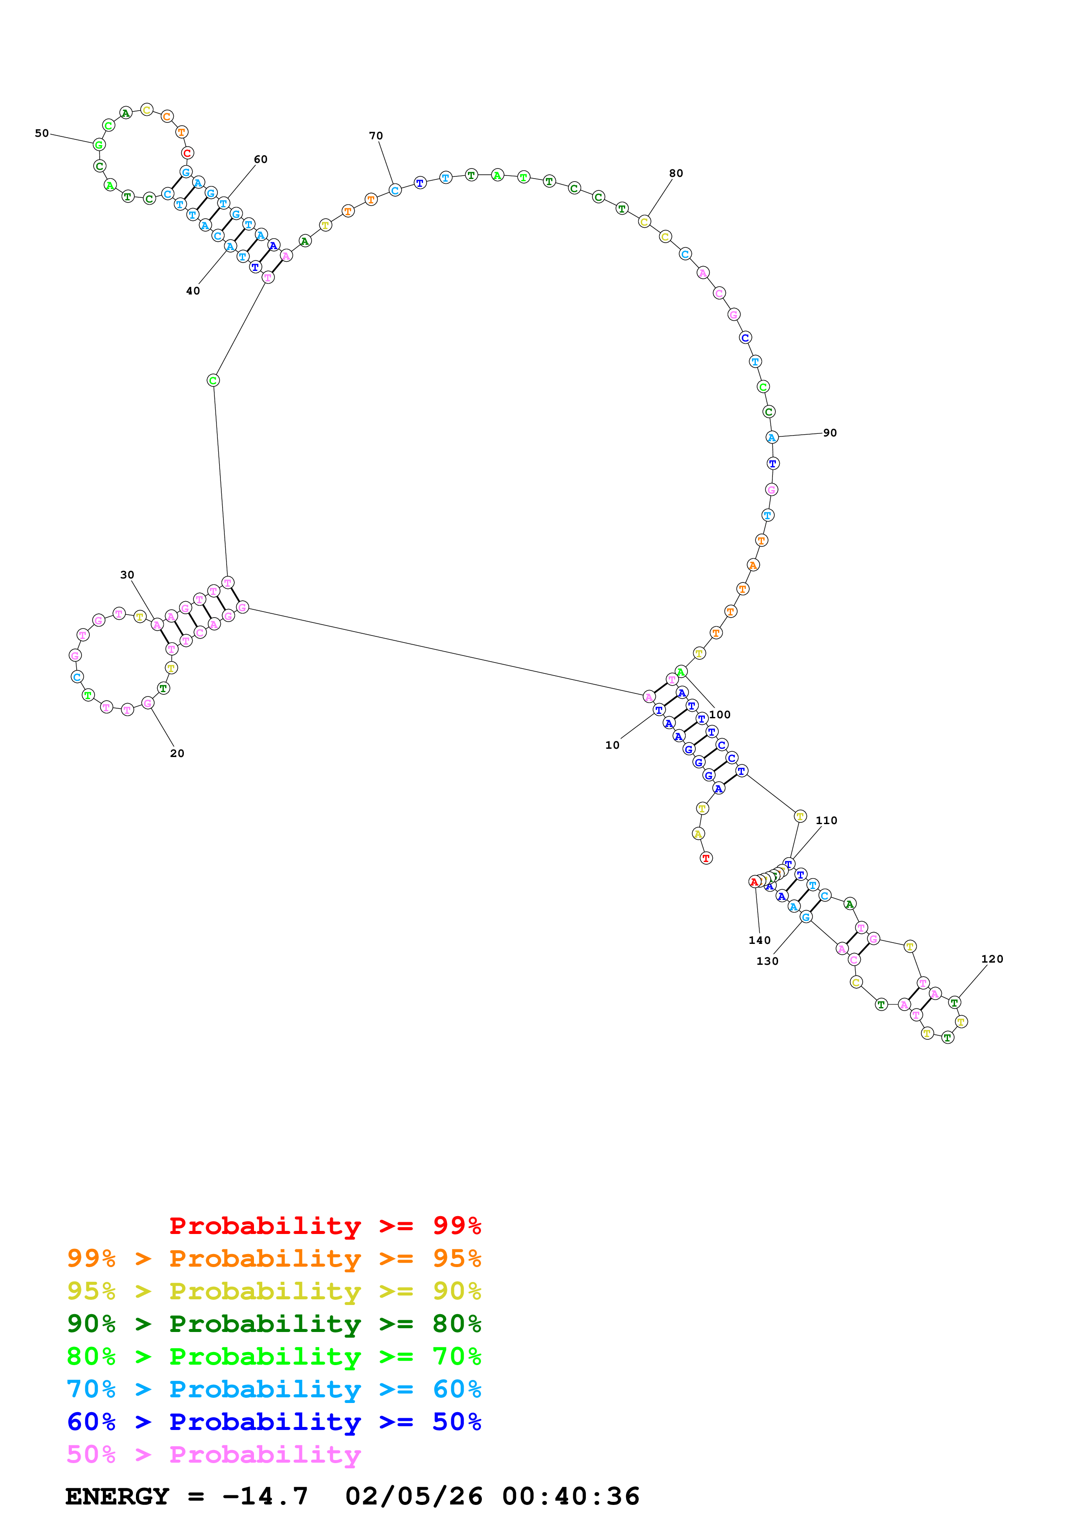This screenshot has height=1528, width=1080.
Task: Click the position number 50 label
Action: point(42,133)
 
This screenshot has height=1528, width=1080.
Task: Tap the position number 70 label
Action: point(376,136)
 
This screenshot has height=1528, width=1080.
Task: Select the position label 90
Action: point(830,433)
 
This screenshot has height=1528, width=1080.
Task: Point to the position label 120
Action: point(992,959)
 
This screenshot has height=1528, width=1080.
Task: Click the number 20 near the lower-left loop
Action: point(177,754)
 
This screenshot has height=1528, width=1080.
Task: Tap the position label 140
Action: point(759,940)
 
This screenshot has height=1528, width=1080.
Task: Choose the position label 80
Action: point(676,173)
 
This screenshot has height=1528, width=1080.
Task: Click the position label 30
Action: point(127,575)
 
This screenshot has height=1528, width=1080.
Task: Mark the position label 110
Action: point(826,821)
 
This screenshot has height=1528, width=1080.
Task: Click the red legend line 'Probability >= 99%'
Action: point(325,1225)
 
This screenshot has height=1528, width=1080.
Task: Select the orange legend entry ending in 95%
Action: point(274,1258)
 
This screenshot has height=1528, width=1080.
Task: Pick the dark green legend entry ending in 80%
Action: point(274,1324)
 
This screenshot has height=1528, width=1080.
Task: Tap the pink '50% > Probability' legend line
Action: point(213,1455)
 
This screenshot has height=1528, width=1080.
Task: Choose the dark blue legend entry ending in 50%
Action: point(274,1422)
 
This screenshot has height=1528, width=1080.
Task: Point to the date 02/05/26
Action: point(414,1497)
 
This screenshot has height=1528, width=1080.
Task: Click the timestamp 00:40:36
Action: point(570,1497)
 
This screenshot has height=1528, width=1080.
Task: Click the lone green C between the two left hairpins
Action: point(213,381)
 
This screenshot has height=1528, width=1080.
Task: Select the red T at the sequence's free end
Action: point(706,859)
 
